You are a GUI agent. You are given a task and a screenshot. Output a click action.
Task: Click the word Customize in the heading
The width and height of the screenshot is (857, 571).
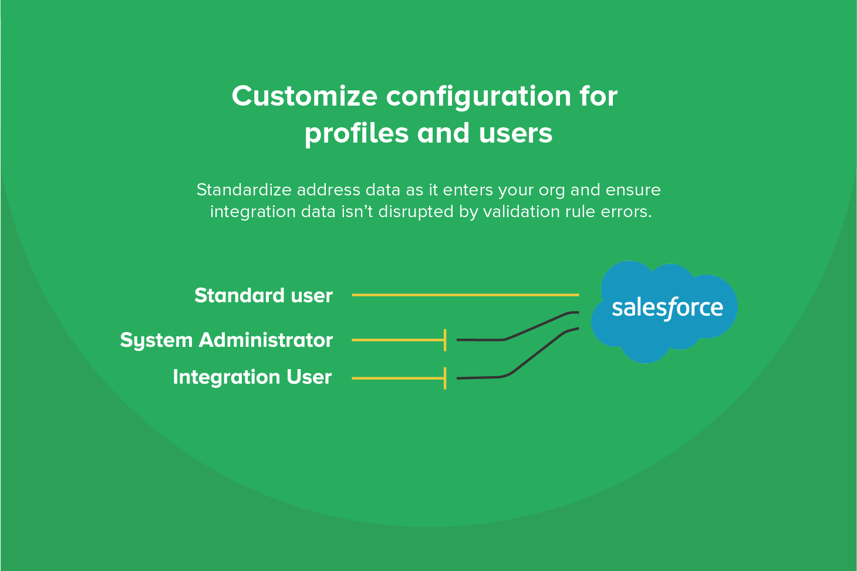[305, 96]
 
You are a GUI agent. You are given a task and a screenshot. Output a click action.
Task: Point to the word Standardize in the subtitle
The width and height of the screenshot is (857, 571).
[244, 190]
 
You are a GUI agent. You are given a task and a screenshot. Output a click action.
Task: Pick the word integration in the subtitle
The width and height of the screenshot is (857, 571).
[253, 212]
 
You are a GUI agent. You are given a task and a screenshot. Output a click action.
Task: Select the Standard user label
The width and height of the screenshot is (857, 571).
[264, 295]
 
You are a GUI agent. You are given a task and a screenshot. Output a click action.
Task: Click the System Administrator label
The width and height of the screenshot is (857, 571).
[227, 340]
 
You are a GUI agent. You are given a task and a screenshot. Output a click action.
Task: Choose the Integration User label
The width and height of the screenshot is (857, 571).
[252, 377]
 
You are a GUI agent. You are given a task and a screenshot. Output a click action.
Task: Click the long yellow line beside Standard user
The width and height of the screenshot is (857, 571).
[465, 295]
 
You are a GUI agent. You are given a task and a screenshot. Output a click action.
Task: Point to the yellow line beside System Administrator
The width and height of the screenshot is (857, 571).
[398, 340]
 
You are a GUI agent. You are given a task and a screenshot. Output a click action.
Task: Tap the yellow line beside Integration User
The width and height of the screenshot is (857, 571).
[398, 379]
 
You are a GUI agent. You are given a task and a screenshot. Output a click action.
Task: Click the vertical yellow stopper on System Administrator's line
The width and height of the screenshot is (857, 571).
[445, 340]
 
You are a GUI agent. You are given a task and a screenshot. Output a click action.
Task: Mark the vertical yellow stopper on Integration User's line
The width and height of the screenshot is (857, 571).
[445, 379]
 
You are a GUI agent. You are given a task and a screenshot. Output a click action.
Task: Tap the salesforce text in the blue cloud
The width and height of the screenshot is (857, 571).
[667, 308]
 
